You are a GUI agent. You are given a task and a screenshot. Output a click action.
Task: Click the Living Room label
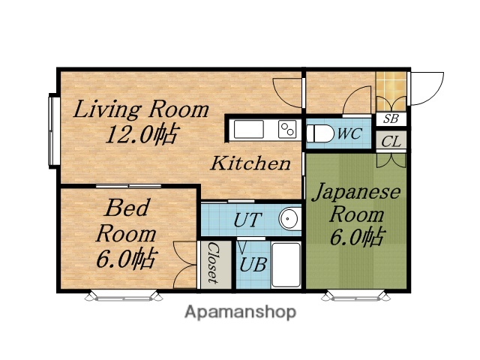tap(141, 109)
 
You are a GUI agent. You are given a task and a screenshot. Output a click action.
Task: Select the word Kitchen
tap(249, 163)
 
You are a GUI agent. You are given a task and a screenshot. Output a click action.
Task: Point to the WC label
tap(349, 133)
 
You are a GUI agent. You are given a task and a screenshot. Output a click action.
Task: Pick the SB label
tap(391, 118)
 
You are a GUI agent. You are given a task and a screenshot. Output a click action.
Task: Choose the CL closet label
tap(391, 140)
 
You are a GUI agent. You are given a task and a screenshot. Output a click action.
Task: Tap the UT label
tap(247, 220)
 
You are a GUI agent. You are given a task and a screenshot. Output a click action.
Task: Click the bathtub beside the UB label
tap(285, 264)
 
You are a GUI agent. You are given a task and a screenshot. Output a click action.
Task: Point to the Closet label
tap(213, 263)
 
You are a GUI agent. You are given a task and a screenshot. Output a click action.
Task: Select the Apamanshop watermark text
tap(240, 311)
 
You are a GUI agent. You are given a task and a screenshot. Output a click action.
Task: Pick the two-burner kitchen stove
tap(287, 129)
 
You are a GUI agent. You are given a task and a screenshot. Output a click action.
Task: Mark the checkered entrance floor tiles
tap(391, 89)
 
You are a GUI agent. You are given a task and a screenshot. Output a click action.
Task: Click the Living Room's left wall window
tap(53, 130)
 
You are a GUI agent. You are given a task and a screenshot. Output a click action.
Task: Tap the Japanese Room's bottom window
tap(356, 295)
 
